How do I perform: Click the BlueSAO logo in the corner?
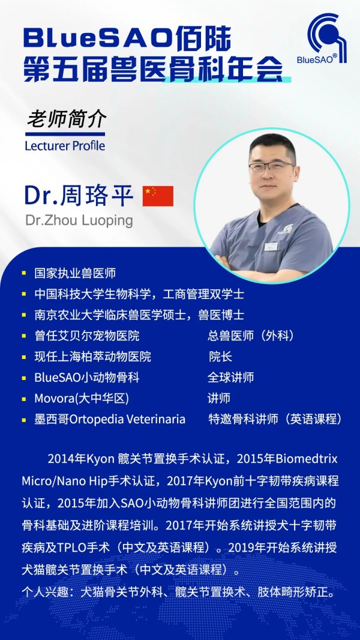[322, 39]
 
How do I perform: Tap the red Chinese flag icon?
[158, 196]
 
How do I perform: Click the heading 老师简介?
[67, 119]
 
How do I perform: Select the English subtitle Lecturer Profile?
[65, 146]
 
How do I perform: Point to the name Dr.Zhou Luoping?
[79, 220]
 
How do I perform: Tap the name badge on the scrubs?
[271, 247]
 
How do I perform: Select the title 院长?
[221, 357]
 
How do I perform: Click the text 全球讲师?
[231, 377]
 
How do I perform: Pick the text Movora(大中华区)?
[82, 399]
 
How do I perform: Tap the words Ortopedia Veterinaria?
[128, 419]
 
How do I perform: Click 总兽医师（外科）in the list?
[251, 336]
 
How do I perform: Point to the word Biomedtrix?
[307, 459]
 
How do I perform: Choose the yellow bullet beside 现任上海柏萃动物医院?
[24, 357]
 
